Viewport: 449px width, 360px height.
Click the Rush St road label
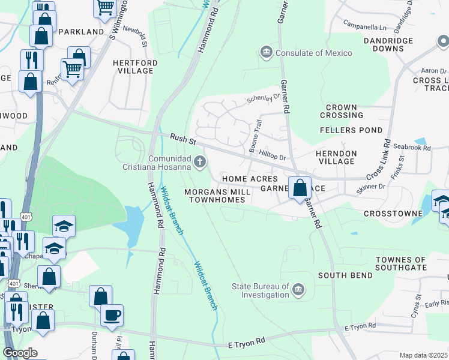pyautogui.click(x=182, y=139)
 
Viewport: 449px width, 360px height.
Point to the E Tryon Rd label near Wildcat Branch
pyautogui.click(x=247, y=344)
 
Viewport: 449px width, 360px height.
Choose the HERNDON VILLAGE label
pyautogui.click(x=336, y=157)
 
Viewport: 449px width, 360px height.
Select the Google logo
pyautogui.click(x=20, y=353)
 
